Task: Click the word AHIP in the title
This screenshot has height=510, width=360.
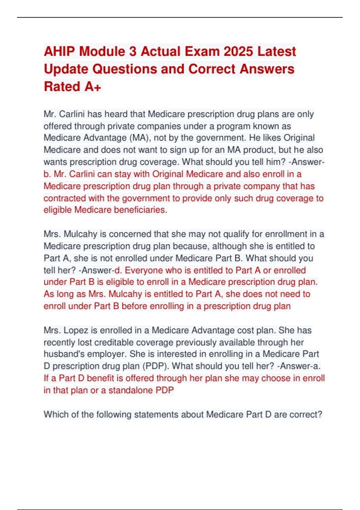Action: tap(59, 51)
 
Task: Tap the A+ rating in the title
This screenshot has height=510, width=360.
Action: tap(93, 87)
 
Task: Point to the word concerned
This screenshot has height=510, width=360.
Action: tap(130, 234)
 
